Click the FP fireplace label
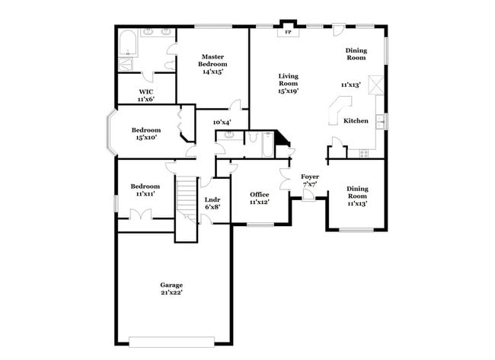[x=287, y=33]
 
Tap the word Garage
[x=171, y=285]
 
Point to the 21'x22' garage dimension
[x=171, y=292]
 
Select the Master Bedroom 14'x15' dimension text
[x=212, y=72]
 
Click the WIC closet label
[x=146, y=92]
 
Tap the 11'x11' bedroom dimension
[x=144, y=194]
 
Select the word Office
[x=260, y=194]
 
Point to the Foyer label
[x=310, y=177]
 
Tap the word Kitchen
[x=356, y=121]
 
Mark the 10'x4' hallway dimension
[x=222, y=122]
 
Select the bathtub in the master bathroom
[x=128, y=43]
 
